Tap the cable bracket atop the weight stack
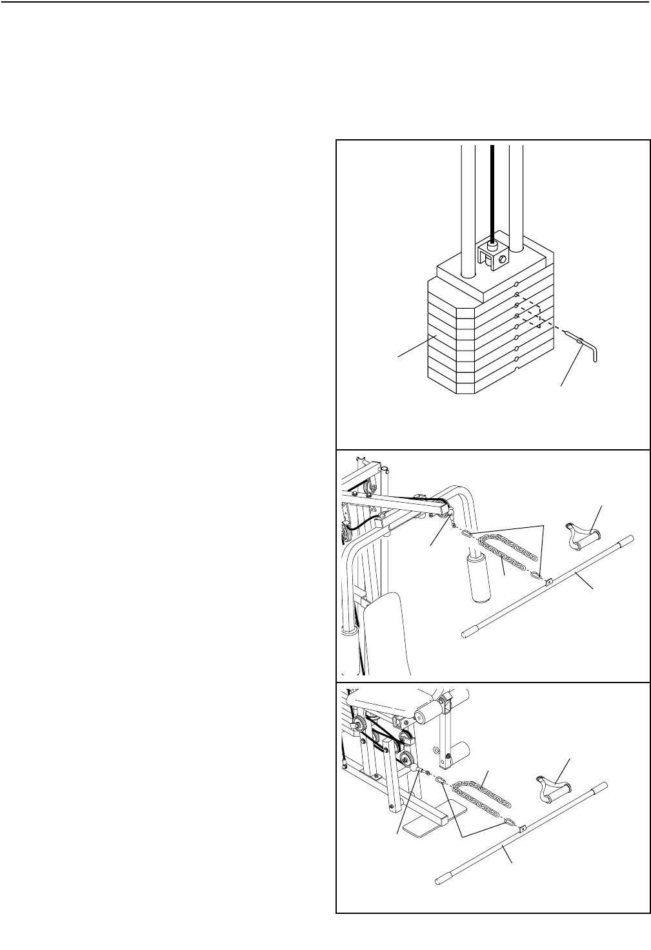tap(494, 255)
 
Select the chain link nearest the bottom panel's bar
tap(509, 822)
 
